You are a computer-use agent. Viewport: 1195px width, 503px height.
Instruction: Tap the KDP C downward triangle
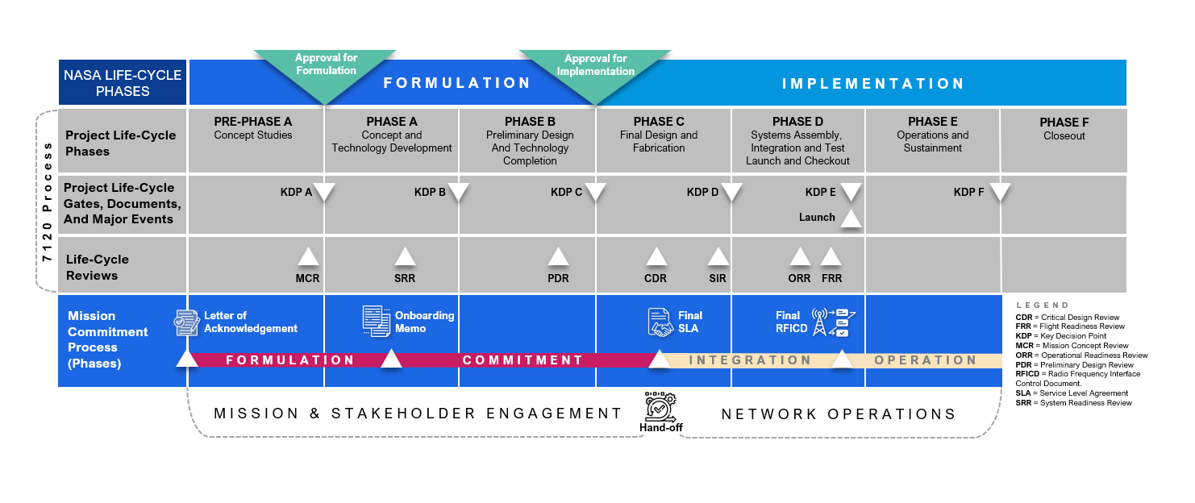(595, 192)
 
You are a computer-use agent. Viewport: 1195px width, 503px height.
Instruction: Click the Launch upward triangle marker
(851, 218)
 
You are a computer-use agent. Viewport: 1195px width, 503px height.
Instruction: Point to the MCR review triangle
(308, 257)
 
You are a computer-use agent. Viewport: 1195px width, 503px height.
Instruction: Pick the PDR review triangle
(558, 257)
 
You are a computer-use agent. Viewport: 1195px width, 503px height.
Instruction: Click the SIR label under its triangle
(718, 279)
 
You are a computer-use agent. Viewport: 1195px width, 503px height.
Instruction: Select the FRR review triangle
(831, 257)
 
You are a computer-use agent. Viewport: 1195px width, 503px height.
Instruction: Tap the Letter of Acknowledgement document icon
(187, 322)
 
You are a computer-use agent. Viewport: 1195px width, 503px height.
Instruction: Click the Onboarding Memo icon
(376, 321)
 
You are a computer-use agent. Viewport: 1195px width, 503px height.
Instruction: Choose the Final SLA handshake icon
(660, 322)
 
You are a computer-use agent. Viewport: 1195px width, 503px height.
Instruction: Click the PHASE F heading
(1064, 123)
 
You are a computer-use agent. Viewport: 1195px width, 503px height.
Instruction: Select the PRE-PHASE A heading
(253, 123)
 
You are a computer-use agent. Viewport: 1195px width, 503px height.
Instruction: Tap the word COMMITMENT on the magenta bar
(523, 360)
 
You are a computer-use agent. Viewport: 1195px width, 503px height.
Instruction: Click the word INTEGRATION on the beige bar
(750, 360)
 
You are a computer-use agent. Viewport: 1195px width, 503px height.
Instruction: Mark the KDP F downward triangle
(1000, 192)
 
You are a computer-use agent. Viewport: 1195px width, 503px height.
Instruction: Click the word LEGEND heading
(1043, 306)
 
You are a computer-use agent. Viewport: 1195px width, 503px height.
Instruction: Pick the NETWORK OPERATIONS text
(839, 414)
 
